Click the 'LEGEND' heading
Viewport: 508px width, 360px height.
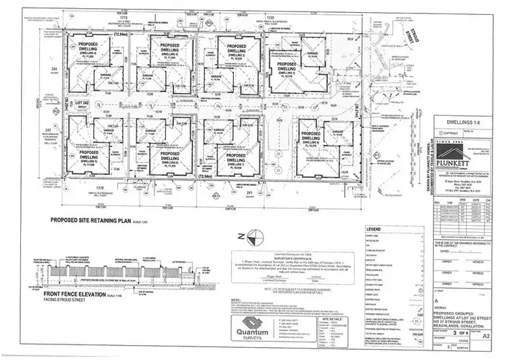tap(375, 230)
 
